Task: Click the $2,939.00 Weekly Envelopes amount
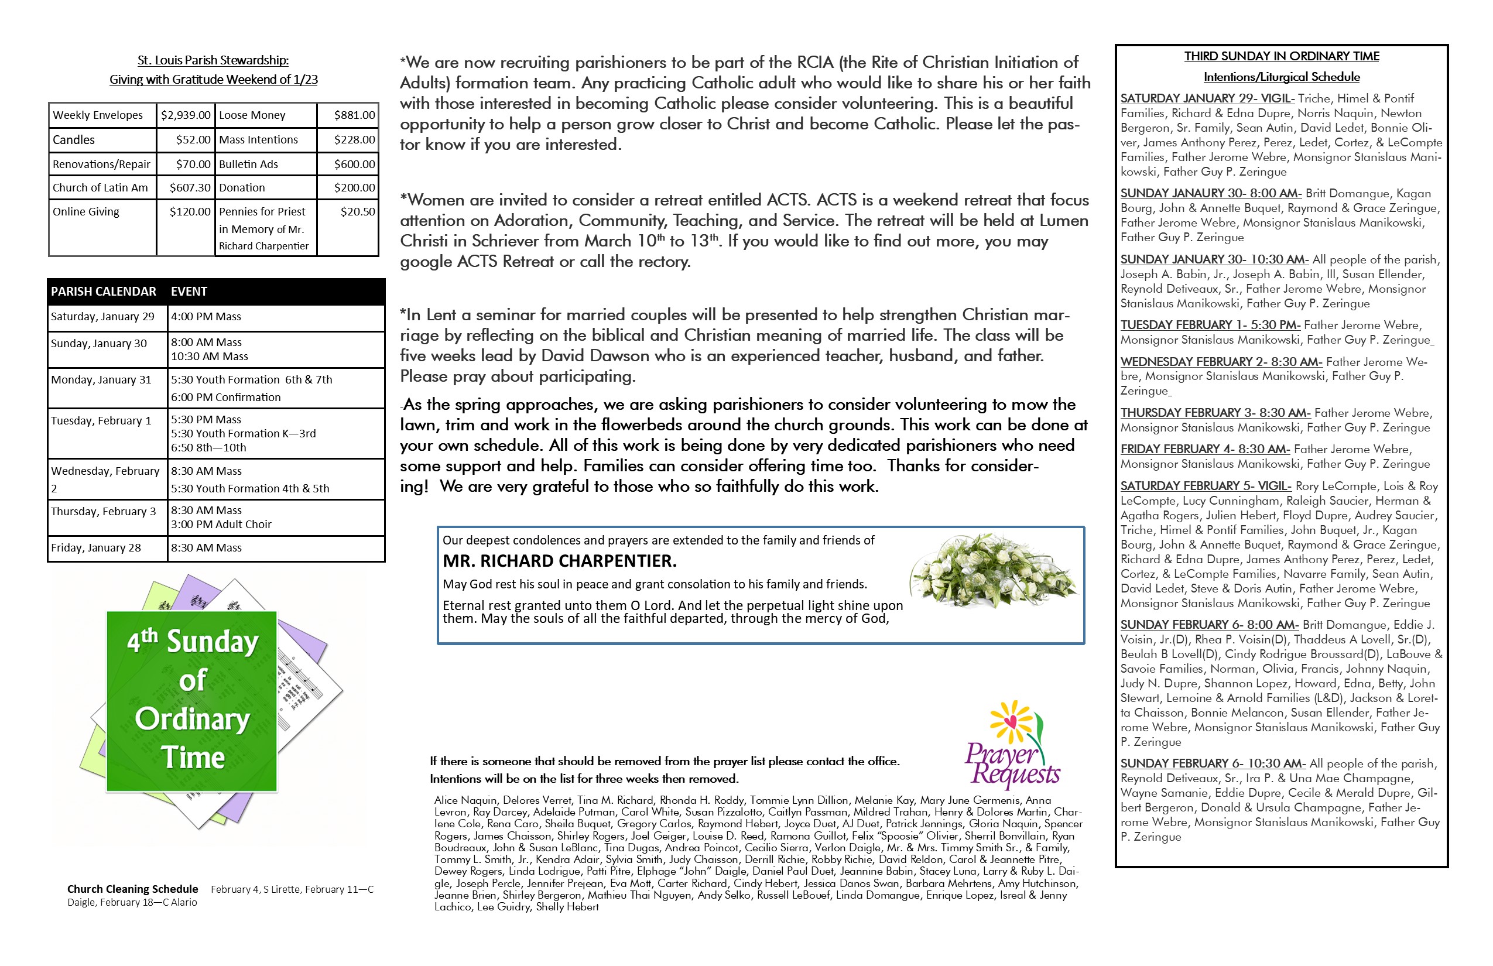[186, 115]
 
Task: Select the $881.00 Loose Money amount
[354, 115]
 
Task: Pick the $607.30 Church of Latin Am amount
[190, 187]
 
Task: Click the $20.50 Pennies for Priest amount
[358, 212]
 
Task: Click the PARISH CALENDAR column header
[104, 292]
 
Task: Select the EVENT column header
[189, 292]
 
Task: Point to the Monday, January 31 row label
[101, 380]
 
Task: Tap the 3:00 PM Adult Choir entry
[221, 525]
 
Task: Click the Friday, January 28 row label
[96, 548]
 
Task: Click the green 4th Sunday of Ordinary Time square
[192, 701]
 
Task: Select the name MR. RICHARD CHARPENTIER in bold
[560, 561]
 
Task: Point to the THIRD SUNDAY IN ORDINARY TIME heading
[1282, 56]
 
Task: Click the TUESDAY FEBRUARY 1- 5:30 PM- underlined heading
[1210, 326]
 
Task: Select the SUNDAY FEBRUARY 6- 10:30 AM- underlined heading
[1213, 764]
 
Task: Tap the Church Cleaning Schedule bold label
[132, 889]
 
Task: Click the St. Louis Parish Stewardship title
[213, 61]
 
